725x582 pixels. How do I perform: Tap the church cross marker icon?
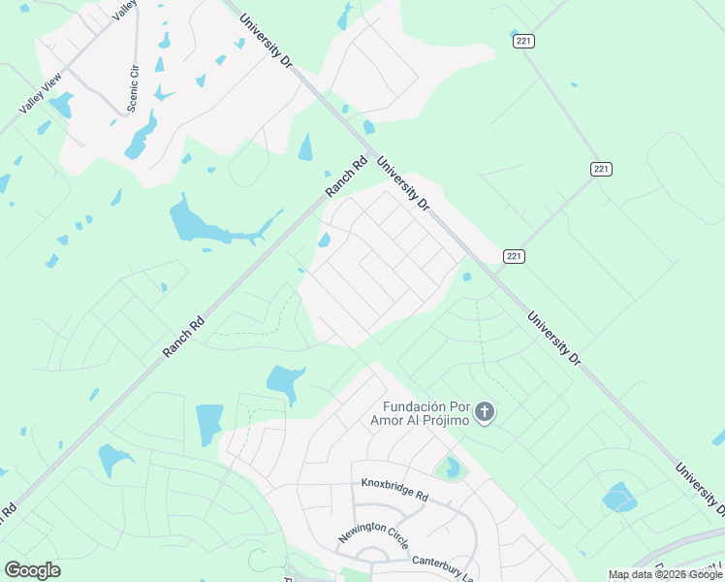click(x=486, y=413)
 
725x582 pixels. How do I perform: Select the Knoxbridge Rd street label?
click(x=394, y=488)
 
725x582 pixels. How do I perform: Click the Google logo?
click(x=32, y=570)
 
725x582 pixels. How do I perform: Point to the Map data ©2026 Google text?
click(x=665, y=574)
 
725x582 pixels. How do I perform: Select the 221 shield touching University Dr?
click(x=514, y=256)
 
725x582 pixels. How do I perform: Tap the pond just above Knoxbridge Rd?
click(x=451, y=469)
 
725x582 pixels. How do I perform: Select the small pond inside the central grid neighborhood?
click(x=324, y=241)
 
